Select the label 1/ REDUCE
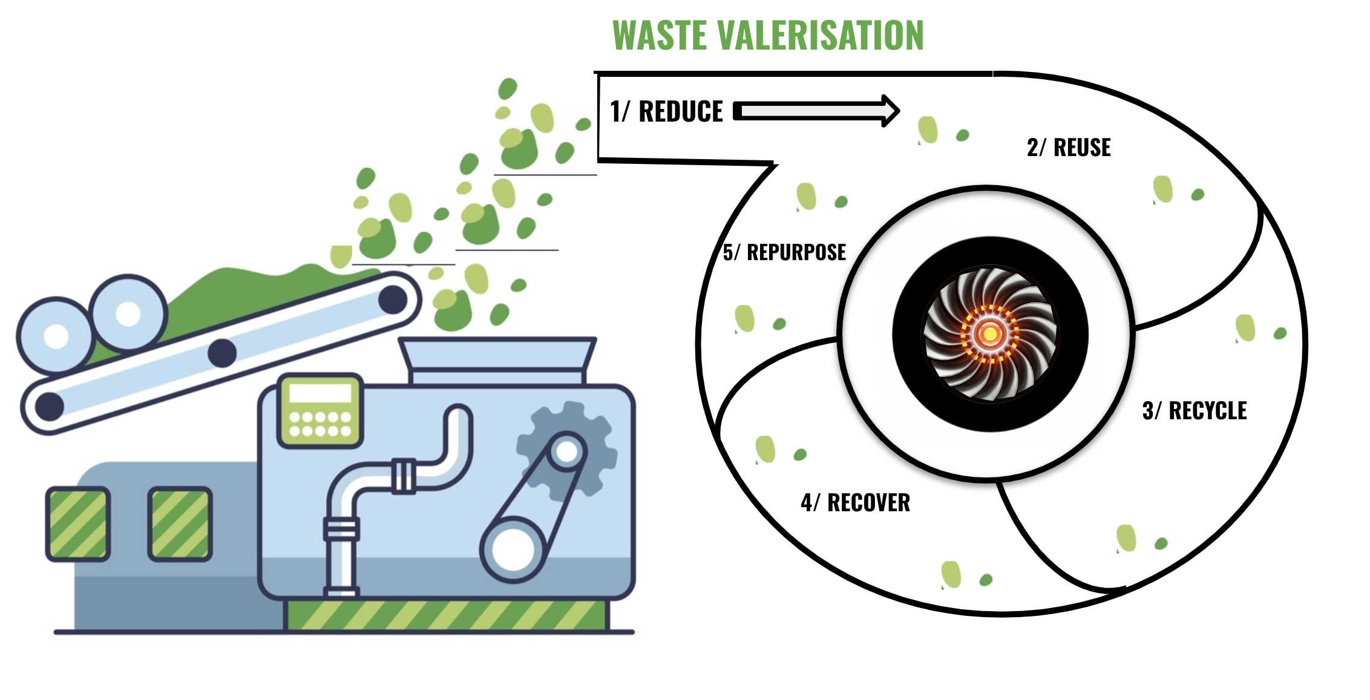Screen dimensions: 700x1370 [x=666, y=112]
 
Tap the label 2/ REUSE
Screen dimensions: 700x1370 [x=1069, y=148]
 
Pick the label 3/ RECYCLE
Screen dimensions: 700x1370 [x=1194, y=411]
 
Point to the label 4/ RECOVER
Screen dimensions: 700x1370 [x=855, y=503]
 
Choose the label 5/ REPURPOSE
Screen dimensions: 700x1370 [x=784, y=252]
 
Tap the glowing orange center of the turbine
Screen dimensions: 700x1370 [x=990, y=333]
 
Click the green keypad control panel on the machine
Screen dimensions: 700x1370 [x=320, y=411]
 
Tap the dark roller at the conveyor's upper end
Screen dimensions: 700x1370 [x=393, y=299]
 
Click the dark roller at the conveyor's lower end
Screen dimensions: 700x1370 [x=50, y=406]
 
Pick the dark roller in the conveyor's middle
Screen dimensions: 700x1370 [x=222, y=352]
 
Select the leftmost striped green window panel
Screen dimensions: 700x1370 [x=77, y=524]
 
